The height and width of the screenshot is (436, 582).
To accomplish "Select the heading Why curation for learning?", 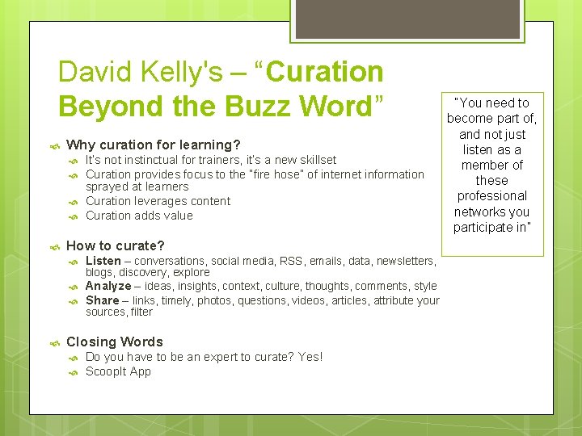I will point(154,145).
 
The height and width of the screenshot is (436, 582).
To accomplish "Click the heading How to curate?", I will point(115,245).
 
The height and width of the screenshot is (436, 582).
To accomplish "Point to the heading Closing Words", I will point(114,342).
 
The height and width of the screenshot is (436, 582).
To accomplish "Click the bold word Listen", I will point(103,261).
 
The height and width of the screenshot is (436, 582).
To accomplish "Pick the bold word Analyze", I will point(108,286).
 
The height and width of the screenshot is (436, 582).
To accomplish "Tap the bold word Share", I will point(102,300).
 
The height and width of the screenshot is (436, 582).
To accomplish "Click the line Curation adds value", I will point(139,216).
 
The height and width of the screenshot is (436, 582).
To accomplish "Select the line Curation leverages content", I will point(158,201).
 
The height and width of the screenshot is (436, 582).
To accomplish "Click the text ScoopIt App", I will point(118,371).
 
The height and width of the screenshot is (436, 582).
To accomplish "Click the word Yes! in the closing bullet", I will point(310,357).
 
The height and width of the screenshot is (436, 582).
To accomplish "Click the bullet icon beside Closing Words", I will point(53,342).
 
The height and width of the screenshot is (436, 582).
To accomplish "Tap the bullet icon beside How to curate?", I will point(53,246).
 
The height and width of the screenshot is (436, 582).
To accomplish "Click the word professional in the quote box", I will point(491,196).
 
